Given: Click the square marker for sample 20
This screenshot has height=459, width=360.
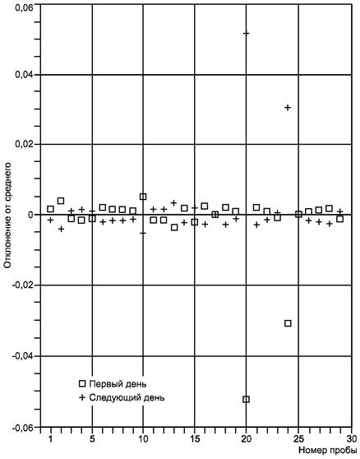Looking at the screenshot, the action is [247, 399].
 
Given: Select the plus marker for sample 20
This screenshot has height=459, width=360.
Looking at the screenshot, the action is [247, 34].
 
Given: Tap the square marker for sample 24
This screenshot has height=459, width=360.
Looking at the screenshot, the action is [288, 323].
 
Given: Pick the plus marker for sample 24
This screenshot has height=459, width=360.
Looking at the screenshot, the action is [288, 108].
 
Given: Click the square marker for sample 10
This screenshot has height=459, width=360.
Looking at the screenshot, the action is [143, 197].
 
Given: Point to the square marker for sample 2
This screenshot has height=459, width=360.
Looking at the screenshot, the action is [61, 201].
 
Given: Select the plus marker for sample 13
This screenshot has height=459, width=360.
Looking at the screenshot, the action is [174, 202].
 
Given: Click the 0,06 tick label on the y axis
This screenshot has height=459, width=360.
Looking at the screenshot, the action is [24, 6].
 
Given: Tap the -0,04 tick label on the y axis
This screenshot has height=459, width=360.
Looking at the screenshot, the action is [22, 356].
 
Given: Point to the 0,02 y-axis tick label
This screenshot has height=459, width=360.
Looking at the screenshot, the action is [24, 145].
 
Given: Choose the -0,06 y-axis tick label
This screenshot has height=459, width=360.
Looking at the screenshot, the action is [22, 427].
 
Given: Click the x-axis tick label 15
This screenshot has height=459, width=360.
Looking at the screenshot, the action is [195, 439].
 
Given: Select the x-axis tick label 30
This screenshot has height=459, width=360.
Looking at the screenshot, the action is [351, 439].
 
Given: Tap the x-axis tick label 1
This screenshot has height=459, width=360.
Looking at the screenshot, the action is [51, 439].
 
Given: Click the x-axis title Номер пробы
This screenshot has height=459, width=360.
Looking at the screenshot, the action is [328, 450].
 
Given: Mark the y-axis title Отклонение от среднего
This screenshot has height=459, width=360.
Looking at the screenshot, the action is [8, 216].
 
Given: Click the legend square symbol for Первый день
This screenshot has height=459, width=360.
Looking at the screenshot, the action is [82, 383].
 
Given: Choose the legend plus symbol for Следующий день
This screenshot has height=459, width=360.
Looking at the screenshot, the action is [82, 397].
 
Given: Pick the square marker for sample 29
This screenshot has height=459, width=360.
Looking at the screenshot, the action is [339, 219].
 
